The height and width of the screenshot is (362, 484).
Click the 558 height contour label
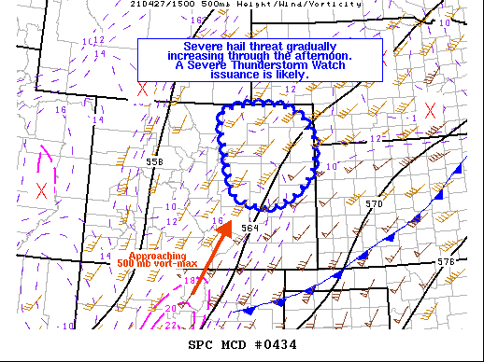154,161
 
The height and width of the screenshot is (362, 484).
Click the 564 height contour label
249,227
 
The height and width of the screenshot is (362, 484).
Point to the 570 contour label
374,203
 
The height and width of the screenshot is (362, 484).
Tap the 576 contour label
446,261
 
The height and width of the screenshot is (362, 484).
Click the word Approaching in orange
150,256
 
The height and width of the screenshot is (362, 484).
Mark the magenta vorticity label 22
171,325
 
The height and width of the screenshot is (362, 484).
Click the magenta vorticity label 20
170,309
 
